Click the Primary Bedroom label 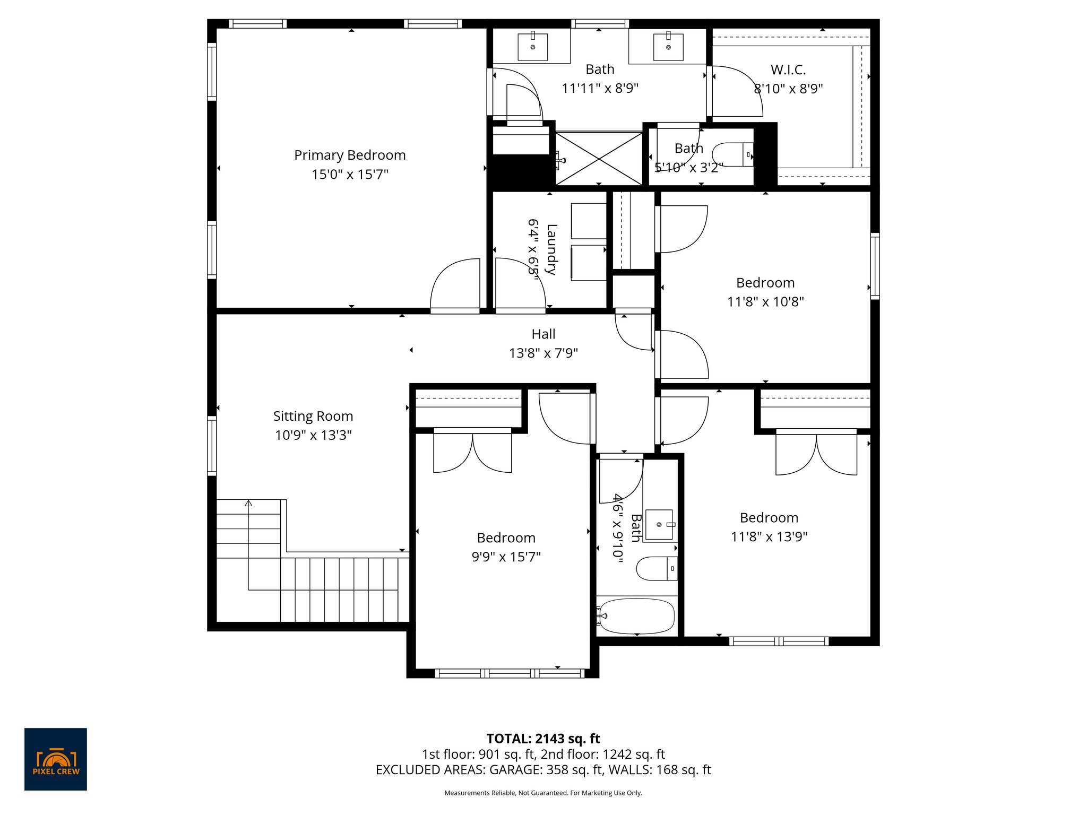click(x=350, y=155)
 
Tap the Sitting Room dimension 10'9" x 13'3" click(x=313, y=435)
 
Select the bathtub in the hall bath click(x=637, y=616)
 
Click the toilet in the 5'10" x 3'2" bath click(x=732, y=154)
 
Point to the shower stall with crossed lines click(x=599, y=159)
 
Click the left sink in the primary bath click(x=532, y=47)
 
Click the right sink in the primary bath click(x=668, y=47)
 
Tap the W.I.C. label click(x=788, y=70)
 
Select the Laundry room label click(x=551, y=249)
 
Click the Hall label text click(x=543, y=334)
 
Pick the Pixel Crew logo click(x=56, y=759)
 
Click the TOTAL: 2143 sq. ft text click(x=543, y=739)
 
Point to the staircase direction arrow click(x=248, y=503)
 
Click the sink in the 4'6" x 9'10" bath click(x=659, y=525)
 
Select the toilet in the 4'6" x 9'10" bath click(x=656, y=568)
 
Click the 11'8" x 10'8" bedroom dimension click(x=765, y=302)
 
